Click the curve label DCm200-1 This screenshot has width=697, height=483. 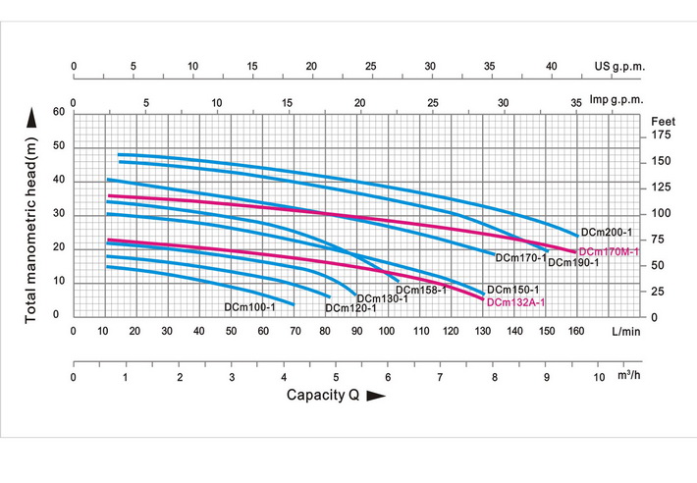(606, 233)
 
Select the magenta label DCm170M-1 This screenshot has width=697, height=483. (609, 252)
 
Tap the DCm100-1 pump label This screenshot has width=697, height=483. (249, 307)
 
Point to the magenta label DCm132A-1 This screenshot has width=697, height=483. (515, 302)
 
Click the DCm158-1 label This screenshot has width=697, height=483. (421, 290)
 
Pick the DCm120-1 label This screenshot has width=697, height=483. (350, 308)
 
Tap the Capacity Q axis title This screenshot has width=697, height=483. (322, 395)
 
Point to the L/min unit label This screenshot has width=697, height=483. (625, 332)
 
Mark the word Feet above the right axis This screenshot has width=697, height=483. (664, 118)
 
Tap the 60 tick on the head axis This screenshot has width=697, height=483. (58, 112)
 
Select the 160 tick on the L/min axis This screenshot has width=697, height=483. (576, 332)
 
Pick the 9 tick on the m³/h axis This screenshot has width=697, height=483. (546, 376)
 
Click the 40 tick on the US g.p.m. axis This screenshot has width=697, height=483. (551, 67)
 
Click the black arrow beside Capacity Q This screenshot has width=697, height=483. (374, 396)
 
